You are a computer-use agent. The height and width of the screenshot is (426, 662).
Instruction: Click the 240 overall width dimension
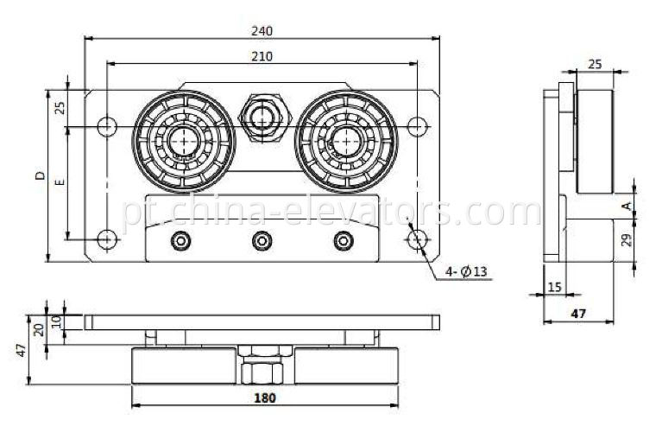point(262,31)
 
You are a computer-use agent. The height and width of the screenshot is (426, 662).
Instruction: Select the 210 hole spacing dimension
point(262,56)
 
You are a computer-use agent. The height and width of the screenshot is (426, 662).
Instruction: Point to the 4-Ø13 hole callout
point(467,272)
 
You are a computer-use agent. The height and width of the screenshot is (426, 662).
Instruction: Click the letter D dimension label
point(39,176)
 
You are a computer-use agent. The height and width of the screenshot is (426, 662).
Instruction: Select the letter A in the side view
point(627,206)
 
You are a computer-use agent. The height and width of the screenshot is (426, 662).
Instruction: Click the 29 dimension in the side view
point(627,239)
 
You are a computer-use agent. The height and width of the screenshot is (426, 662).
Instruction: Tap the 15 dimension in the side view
point(552,287)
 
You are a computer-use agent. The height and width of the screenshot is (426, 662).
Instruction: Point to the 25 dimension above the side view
point(594,64)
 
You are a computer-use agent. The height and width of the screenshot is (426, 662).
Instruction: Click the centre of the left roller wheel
point(183,138)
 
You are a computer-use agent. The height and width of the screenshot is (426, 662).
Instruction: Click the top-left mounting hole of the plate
point(105,126)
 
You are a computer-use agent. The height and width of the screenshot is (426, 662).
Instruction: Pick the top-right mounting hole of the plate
point(417,126)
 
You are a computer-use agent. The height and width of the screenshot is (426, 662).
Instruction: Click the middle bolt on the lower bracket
point(262,240)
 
